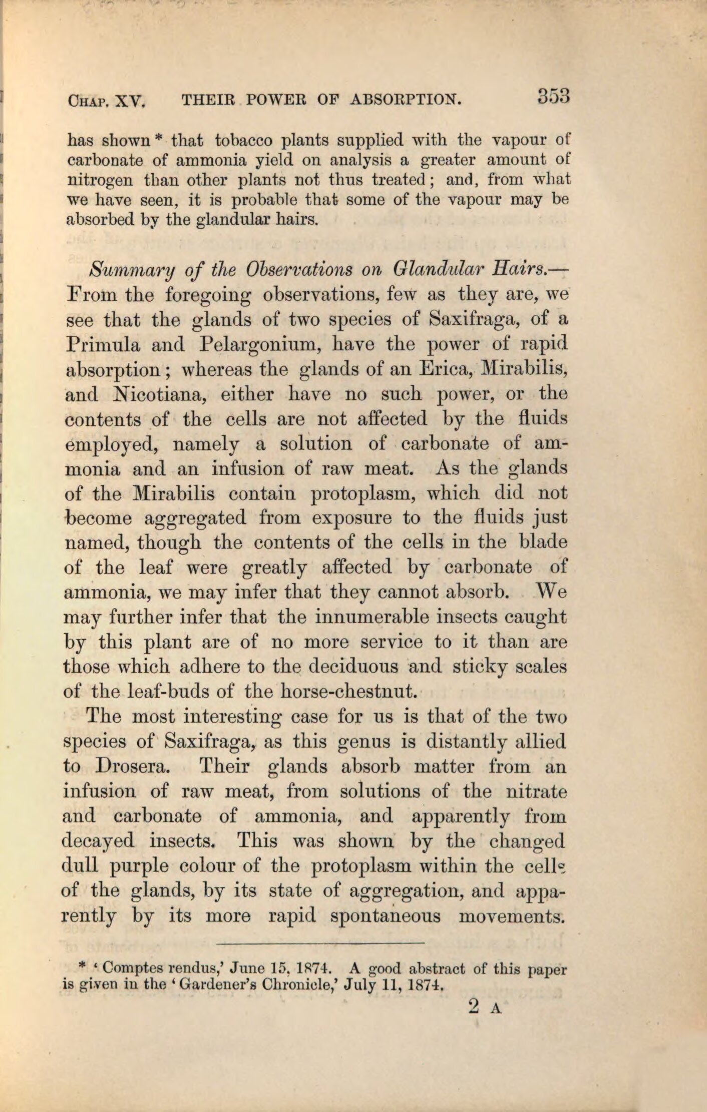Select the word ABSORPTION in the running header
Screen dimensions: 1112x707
click(404, 100)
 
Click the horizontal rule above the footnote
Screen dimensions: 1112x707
click(320, 944)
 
